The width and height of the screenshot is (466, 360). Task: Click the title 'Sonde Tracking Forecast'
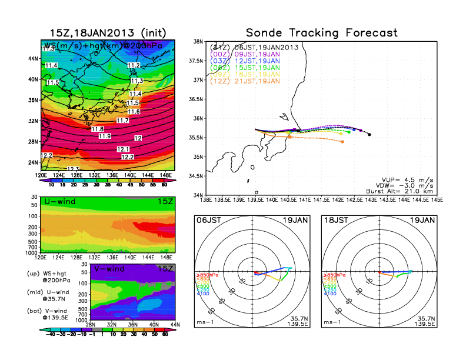click(x=322, y=33)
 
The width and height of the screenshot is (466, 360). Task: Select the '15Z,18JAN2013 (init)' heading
click(x=107, y=33)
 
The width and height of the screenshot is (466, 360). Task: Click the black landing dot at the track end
click(x=369, y=135)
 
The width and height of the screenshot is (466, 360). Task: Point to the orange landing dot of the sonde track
click(x=342, y=142)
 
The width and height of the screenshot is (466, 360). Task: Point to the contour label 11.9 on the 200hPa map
click(x=105, y=136)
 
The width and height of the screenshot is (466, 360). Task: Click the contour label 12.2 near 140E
click(x=127, y=157)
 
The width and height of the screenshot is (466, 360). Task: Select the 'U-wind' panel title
click(x=56, y=202)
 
